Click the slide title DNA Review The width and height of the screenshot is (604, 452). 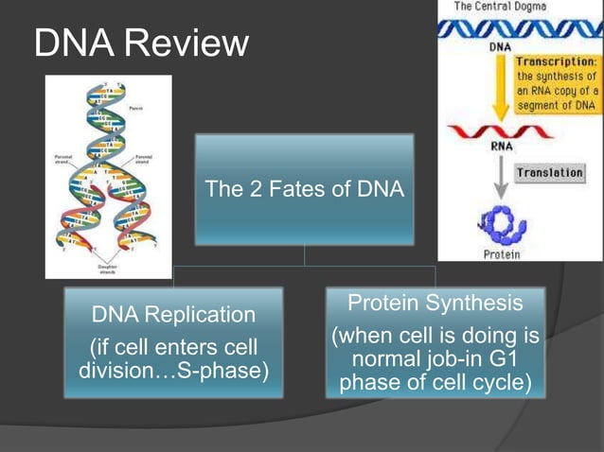(142, 43)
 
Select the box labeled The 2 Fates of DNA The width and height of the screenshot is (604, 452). (304, 190)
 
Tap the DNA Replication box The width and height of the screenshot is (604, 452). (173, 342)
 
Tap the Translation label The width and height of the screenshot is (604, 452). (549, 173)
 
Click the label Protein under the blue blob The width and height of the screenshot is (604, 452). (501, 254)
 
